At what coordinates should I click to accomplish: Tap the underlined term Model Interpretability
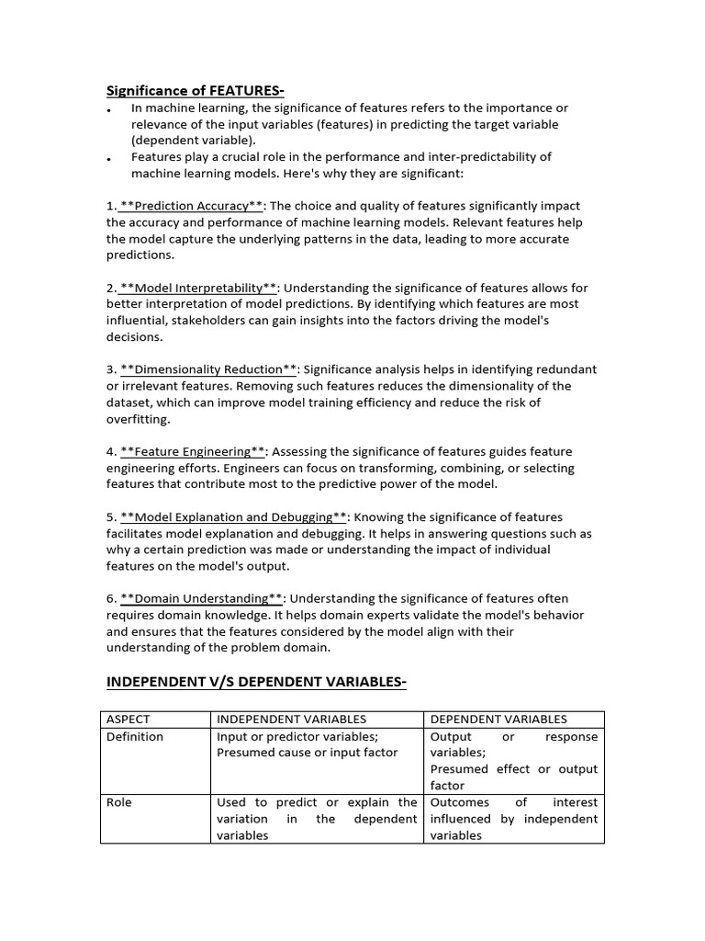[x=198, y=288]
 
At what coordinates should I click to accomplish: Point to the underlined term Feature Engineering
[x=193, y=451]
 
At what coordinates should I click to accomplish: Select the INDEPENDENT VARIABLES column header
[x=291, y=720]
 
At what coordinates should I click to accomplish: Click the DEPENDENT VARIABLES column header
[x=498, y=720]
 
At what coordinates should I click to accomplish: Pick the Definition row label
[x=135, y=736]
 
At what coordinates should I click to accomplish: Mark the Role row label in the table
[x=119, y=802]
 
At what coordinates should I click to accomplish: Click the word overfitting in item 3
[x=139, y=419]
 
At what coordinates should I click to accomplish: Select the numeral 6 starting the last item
[x=110, y=598]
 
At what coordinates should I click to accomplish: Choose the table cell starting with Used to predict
[x=317, y=819]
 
